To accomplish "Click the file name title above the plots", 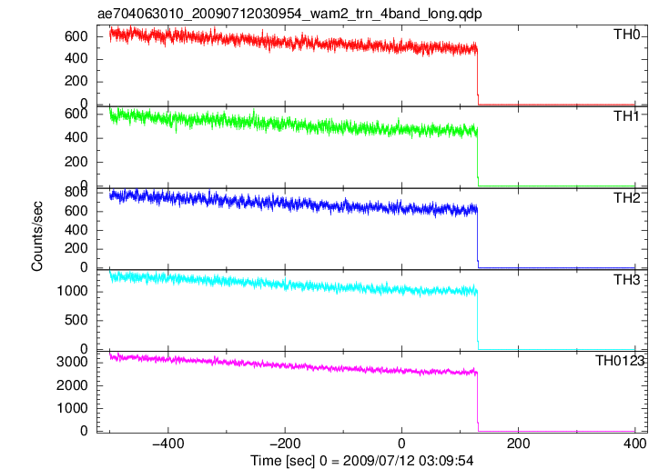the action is [x=289, y=14].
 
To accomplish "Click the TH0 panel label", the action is [x=626, y=35].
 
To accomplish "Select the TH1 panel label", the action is [x=626, y=116].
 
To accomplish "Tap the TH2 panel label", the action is [x=626, y=198].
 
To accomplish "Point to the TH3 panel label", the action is [x=626, y=280].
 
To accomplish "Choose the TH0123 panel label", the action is [x=620, y=361].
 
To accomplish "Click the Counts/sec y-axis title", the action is [x=37, y=236].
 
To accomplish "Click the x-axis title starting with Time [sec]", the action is [x=362, y=461].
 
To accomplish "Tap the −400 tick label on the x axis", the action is [x=168, y=444].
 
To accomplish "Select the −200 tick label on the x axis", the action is [x=285, y=444].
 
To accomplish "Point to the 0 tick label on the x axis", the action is [x=401, y=444].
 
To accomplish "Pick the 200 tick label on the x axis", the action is [x=519, y=444].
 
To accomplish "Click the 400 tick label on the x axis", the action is [x=635, y=444].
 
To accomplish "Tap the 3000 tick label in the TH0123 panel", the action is [x=72, y=362].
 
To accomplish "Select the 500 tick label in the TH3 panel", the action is [x=76, y=321].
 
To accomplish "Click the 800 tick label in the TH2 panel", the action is [x=76, y=192].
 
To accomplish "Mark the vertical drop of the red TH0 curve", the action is [x=478, y=75].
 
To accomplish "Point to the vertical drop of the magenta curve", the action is [x=478, y=402].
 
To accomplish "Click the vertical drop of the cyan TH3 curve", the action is [x=478, y=321].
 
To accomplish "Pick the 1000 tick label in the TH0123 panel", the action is [x=72, y=408].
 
